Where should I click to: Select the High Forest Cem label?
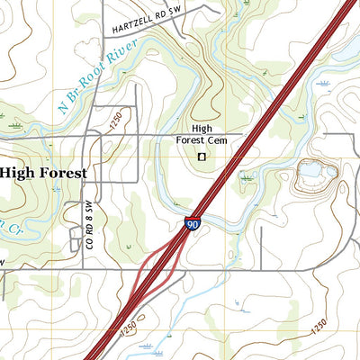tap(202, 134)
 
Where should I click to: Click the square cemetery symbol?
tap(202, 157)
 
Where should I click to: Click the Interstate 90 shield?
tap(193, 223)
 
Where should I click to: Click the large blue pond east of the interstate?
tap(310, 168)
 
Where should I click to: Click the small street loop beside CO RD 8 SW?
tap(77, 238)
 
